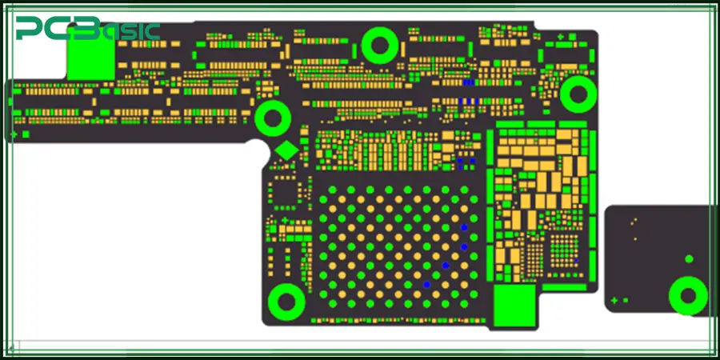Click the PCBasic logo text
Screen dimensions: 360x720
pos(88,30)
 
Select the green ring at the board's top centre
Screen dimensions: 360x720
pos(379,45)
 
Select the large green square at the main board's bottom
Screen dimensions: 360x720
pos(513,304)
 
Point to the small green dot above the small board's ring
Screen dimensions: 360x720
pos(688,258)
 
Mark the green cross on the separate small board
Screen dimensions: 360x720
pos(614,301)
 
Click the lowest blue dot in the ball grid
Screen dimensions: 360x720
pos(427,284)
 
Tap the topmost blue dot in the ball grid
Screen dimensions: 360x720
pos(463,228)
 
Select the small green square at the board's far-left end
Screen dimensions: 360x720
pos(26,134)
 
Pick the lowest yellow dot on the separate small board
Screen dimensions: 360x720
pos(634,238)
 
